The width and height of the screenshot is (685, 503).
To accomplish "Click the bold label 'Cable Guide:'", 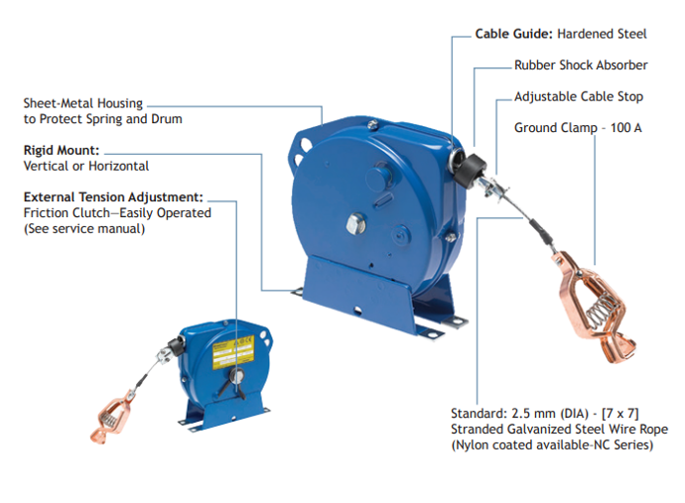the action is point(514,34).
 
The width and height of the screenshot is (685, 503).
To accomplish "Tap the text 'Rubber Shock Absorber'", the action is point(581,65).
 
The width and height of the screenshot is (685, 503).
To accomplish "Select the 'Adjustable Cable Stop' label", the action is point(579,97).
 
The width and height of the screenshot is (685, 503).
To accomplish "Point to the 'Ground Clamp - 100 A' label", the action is point(578,128).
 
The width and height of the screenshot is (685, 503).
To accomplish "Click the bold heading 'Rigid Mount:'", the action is point(62,150).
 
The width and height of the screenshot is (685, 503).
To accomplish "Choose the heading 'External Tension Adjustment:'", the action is point(113,197).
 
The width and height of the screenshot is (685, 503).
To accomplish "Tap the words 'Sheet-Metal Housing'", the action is point(83,103).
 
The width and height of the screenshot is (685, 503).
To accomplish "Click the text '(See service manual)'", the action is point(83,229).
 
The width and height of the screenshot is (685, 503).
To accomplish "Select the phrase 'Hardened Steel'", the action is point(602,34).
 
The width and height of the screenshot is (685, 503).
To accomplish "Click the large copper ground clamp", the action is point(594,307).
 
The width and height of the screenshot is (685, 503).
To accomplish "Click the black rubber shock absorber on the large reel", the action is point(470,171).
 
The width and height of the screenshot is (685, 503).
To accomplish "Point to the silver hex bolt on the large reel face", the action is point(356,223).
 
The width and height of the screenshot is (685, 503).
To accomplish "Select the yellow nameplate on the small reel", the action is point(233,351).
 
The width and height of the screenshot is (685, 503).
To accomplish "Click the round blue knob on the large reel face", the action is point(380,179).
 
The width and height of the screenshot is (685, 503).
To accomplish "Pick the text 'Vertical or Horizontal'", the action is point(86,166).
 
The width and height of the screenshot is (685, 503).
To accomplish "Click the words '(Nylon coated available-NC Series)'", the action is point(552,444).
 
